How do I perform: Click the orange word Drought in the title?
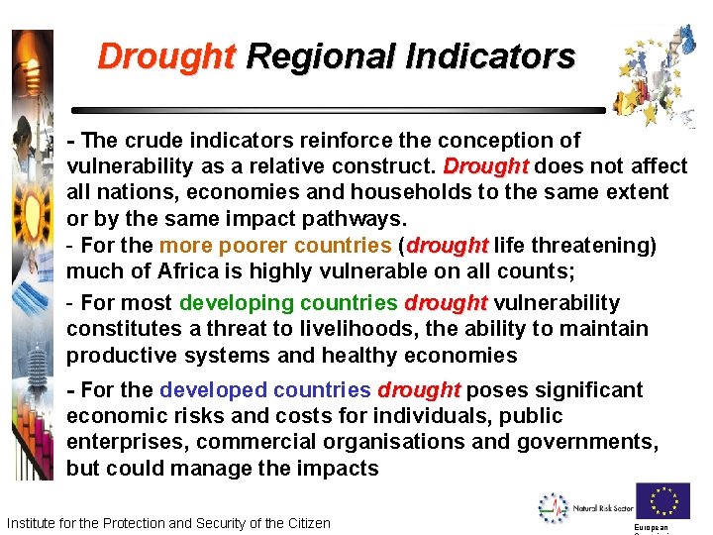(x=166, y=56)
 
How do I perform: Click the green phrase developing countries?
(x=288, y=303)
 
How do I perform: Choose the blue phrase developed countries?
(x=264, y=390)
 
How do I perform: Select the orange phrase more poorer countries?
(x=275, y=245)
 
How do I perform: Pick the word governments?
(x=595, y=442)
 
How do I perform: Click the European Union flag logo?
(x=662, y=501)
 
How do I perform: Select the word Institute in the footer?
(x=34, y=523)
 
